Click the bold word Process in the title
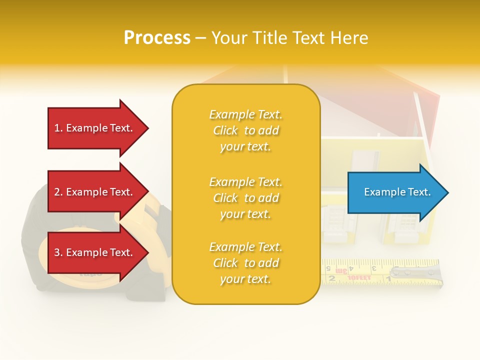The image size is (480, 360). (x=157, y=38)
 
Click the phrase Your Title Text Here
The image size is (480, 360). (x=289, y=38)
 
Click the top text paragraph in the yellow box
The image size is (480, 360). (x=245, y=130)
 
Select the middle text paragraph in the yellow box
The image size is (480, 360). (x=245, y=198)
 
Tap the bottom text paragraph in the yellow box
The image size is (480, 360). (x=245, y=263)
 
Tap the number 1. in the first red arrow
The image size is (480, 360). (x=59, y=128)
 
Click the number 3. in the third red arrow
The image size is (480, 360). (x=59, y=252)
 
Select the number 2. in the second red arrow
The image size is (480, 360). (x=59, y=192)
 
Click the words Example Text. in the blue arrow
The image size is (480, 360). (x=397, y=192)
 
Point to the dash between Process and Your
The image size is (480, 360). (x=200, y=38)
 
